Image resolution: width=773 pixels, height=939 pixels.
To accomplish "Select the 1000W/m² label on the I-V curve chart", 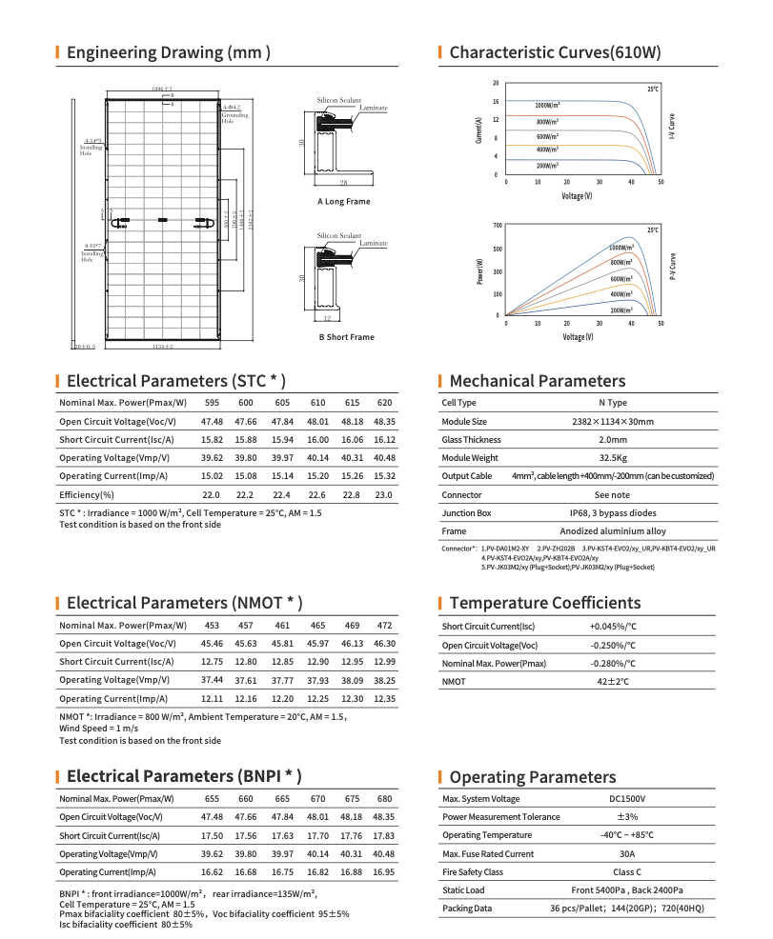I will [x=547, y=105].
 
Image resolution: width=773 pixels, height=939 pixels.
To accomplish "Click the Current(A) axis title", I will [x=477, y=130].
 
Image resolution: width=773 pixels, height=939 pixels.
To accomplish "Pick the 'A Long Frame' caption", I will [x=344, y=202].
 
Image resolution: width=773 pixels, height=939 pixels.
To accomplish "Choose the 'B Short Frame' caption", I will [x=346, y=337].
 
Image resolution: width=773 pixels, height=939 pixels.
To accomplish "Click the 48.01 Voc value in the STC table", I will [x=317, y=421].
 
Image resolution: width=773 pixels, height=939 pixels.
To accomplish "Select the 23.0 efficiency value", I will [x=384, y=495].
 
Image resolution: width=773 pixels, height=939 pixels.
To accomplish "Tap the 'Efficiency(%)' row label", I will [x=87, y=495].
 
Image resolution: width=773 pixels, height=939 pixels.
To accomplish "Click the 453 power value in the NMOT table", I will [x=212, y=626].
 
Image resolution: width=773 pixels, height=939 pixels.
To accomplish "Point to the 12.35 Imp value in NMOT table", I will [x=384, y=699].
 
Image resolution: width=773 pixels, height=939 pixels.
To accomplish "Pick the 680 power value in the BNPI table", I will [x=384, y=798].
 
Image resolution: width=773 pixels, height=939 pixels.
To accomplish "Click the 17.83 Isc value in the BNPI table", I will [x=384, y=835].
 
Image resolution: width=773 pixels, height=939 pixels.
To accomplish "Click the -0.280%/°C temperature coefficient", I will [x=613, y=663].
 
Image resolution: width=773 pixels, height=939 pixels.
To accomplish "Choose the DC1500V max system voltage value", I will [x=627, y=798].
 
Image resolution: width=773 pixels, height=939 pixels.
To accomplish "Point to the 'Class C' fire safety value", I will [x=627, y=872].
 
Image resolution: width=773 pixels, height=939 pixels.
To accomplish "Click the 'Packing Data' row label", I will [x=467, y=909].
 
